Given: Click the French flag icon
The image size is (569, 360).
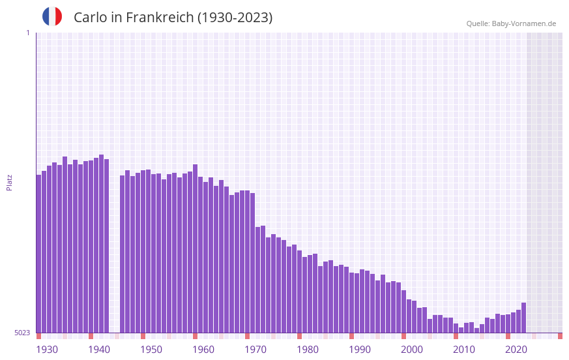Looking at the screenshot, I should [52, 16].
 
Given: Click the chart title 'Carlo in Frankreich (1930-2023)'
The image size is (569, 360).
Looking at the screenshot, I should [173, 18].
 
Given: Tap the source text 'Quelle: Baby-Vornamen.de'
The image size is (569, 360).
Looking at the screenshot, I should [511, 23].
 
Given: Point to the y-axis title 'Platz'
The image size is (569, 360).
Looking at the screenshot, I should [9, 182].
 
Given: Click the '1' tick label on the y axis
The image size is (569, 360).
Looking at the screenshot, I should [27, 33].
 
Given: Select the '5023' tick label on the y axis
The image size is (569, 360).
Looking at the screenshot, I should [22, 333].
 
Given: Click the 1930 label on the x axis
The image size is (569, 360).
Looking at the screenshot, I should [47, 349].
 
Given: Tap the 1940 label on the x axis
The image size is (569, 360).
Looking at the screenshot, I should [99, 349].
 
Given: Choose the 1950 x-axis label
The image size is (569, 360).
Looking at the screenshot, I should [151, 349].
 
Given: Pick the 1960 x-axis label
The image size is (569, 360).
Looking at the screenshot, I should [203, 349].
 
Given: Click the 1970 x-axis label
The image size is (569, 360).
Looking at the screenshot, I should [255, 349].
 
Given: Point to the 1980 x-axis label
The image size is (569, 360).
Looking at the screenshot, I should [308, 349].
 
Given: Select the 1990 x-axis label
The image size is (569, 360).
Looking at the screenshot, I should [360, 349].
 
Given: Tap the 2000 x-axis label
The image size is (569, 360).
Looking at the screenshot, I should [412, 349].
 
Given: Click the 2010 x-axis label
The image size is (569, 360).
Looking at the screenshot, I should [464, 349].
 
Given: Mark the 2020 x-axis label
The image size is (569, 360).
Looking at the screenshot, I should [516, 349].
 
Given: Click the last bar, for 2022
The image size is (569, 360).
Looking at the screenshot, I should [523, 318].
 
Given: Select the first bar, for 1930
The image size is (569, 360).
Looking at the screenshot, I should [38, 254].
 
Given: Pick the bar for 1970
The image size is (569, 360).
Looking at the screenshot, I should [257, 280].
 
